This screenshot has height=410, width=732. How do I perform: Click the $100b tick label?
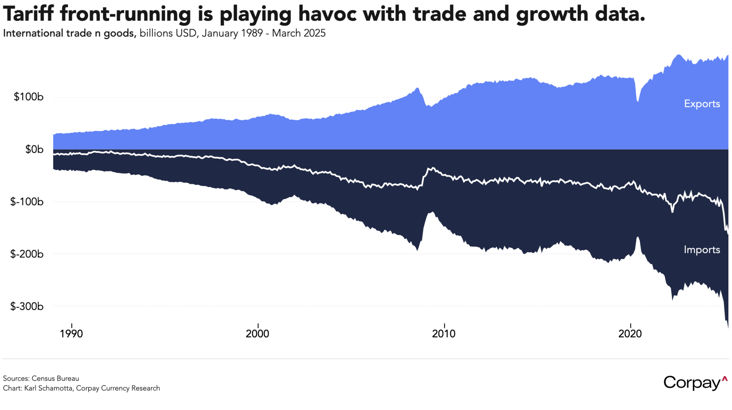(29, 97)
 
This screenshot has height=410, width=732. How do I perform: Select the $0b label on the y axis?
(34, 149)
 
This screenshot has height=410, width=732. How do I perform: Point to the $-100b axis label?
(27, 202)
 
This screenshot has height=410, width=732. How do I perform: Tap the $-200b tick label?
(27, 254)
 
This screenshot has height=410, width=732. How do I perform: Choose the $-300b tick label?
(27, 306)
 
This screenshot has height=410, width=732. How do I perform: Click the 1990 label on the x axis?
(71, 334)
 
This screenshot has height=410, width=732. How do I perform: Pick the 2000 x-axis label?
(257, 334)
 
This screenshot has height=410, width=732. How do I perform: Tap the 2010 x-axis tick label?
(443, 334)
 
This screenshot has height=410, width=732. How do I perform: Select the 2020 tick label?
(630, 334)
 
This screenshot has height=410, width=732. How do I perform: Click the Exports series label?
(702, 104)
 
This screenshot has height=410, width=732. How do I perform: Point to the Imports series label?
(702, 250)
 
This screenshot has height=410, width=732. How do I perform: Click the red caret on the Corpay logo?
(725, 379)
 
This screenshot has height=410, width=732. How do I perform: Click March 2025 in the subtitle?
(299, 33)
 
